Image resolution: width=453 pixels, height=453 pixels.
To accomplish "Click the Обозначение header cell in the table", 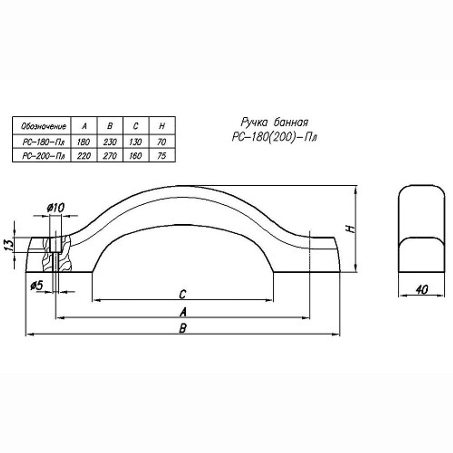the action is coord(43,126).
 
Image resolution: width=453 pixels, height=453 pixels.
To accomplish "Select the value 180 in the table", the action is coord(83,142).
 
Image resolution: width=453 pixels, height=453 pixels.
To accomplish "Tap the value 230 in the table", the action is coord(110,142).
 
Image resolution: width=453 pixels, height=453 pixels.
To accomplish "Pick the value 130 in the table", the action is coord(135,142).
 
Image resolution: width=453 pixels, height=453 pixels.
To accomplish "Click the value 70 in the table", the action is coord(162,142).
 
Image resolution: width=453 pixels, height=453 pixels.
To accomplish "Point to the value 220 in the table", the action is coord(84,156).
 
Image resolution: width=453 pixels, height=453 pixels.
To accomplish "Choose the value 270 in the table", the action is coord(110,156).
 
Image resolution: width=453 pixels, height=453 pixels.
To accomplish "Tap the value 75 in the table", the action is coord(162,156).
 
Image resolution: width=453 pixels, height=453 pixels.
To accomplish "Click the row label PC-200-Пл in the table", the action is coord(43,156).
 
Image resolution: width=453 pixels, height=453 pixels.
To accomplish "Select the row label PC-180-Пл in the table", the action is coord(43,142).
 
